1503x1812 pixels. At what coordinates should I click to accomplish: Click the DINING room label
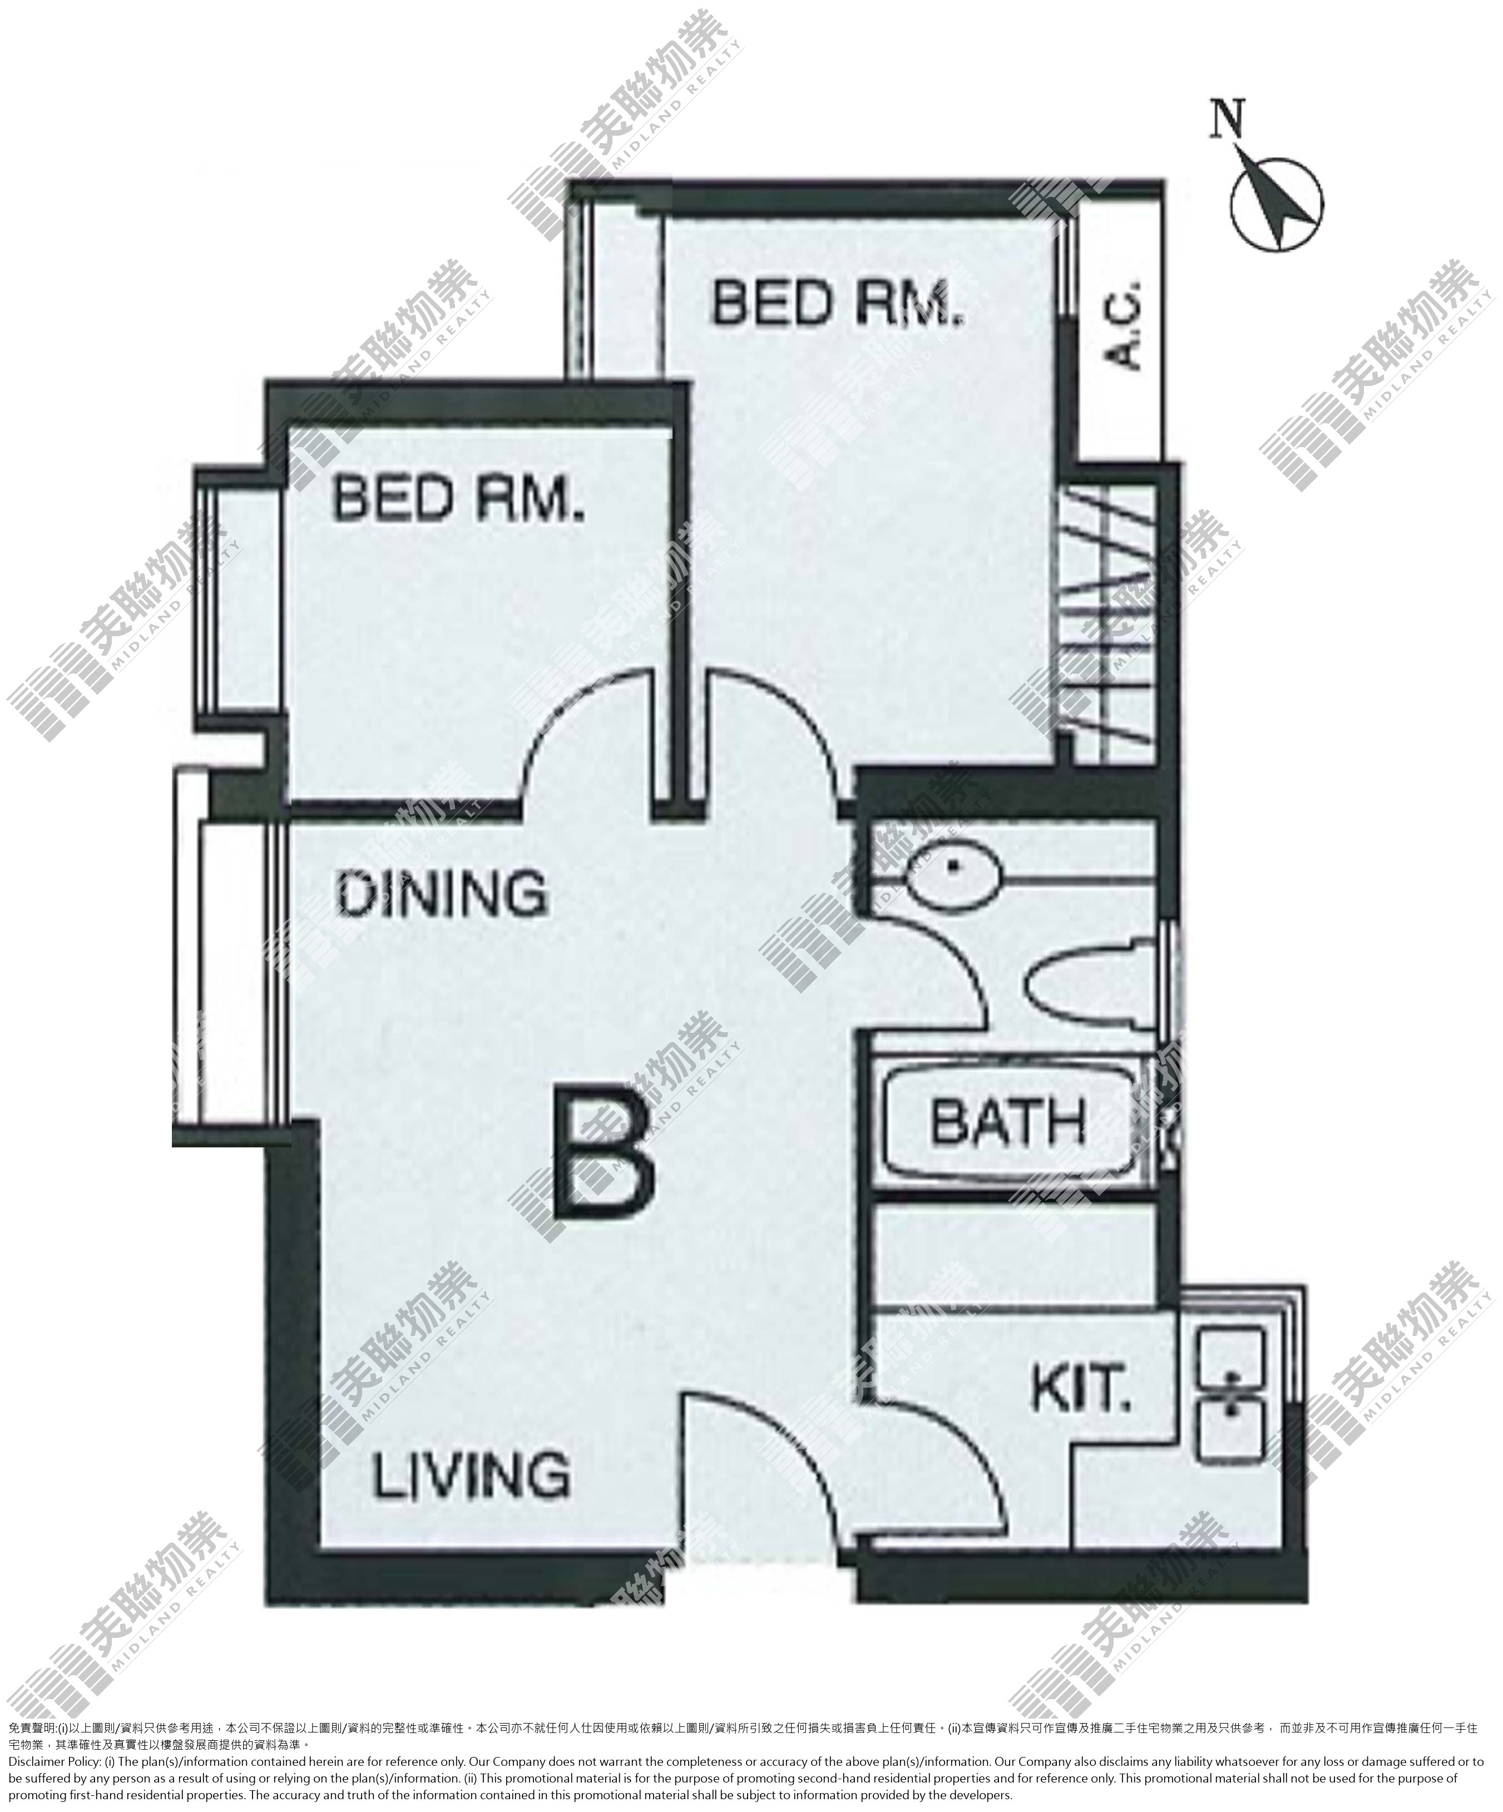point(442,894)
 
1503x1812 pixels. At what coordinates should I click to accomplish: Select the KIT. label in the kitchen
point(1081,1388)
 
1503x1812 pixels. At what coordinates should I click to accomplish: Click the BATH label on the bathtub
point(1008,1121)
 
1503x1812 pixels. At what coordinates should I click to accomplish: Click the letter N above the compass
point(1227,119)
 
